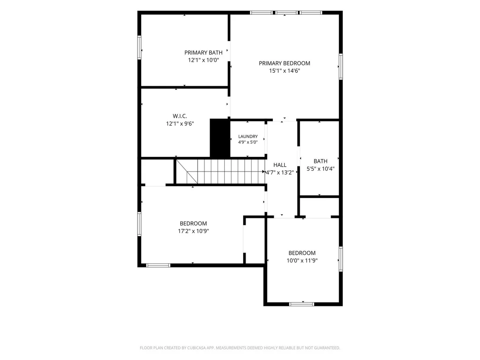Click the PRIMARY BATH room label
(x=203, y=53)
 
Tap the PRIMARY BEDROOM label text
(x=284, y=63)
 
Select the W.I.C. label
(x=180, y=116)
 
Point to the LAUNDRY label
(x=248, y=136)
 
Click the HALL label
(x=280, y=165)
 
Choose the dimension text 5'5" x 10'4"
(x=321, y=169)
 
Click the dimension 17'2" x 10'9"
(x=194, y=231)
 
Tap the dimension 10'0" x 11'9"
(x=302, y=260)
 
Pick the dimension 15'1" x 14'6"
(x=284, y=71)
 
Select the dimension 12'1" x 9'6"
(x=180, y=123)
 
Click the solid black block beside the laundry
(x=220, y=138)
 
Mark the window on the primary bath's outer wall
(x=139, y=48)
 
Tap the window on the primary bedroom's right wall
(x=341, y=66)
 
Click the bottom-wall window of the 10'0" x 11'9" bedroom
(x=302, y=304)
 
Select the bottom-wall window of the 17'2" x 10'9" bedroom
(x=158, y=265)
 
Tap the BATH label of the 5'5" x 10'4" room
(x=321, y=161)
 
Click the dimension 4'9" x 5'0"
(x=248, y=142)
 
